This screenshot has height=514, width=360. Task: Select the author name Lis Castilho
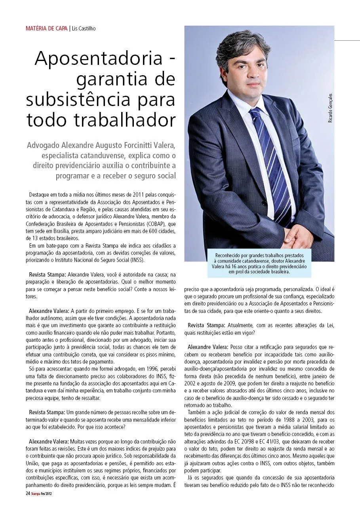pyautogui.click(x=84, y=28)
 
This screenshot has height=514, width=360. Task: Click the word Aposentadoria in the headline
pyautogui.click(x=99, y=59)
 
